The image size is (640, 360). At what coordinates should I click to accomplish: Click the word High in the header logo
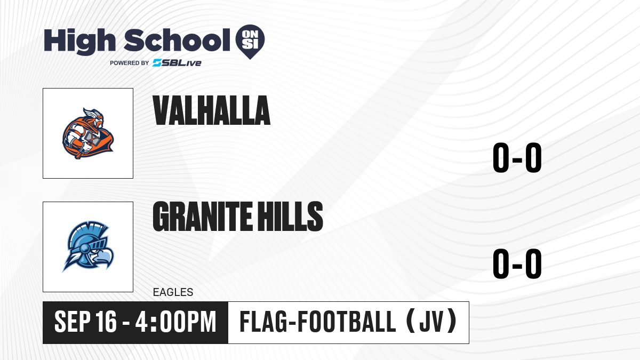coord(79,41)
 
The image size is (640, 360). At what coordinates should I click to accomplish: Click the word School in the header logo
coord(177,40)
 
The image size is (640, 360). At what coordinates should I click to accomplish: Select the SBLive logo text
coord(177,63)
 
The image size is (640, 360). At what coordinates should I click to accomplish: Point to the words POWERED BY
coord(130,63)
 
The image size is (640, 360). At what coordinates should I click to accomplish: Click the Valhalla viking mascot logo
coord(88,133)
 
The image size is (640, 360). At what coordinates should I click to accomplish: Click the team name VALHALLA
coord(211,110)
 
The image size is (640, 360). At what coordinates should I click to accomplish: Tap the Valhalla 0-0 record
coord(517,157)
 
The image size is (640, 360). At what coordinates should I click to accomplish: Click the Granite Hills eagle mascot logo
coord(88,246)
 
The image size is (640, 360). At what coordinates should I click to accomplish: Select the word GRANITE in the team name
coord(203,216)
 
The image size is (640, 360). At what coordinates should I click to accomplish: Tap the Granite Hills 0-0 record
coord(517,263)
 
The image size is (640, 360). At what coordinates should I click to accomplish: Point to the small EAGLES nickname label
coord(173,292)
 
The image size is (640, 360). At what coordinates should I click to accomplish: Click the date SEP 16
coord(85,322)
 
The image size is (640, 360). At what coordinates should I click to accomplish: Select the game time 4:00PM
coord(175,322)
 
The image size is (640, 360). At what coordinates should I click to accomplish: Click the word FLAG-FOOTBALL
coord(318,322)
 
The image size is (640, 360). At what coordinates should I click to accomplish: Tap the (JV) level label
coord(431,321)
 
